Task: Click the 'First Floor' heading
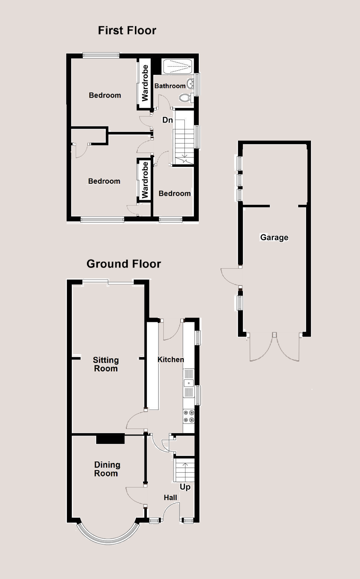coord(127,31)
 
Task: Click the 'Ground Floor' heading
coord(124,264)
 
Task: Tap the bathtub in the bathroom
coord(177,66)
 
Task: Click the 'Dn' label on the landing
coord(168,120)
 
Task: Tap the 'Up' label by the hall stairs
coord(185,487)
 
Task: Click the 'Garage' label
coord(274,237)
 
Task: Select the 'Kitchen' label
coord(171,359)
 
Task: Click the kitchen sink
coord(189,383)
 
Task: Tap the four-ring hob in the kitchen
coord(189,416)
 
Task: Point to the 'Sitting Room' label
coord(106,364)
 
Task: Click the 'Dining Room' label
coord(107,469)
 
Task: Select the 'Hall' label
coord(170,498)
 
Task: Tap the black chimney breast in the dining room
coord(110,439)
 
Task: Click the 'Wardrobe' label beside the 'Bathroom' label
coord(145,83)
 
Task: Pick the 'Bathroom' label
coord(170,86)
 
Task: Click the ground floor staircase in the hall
coord(184,470)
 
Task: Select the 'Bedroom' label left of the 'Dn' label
coord(105,95)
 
